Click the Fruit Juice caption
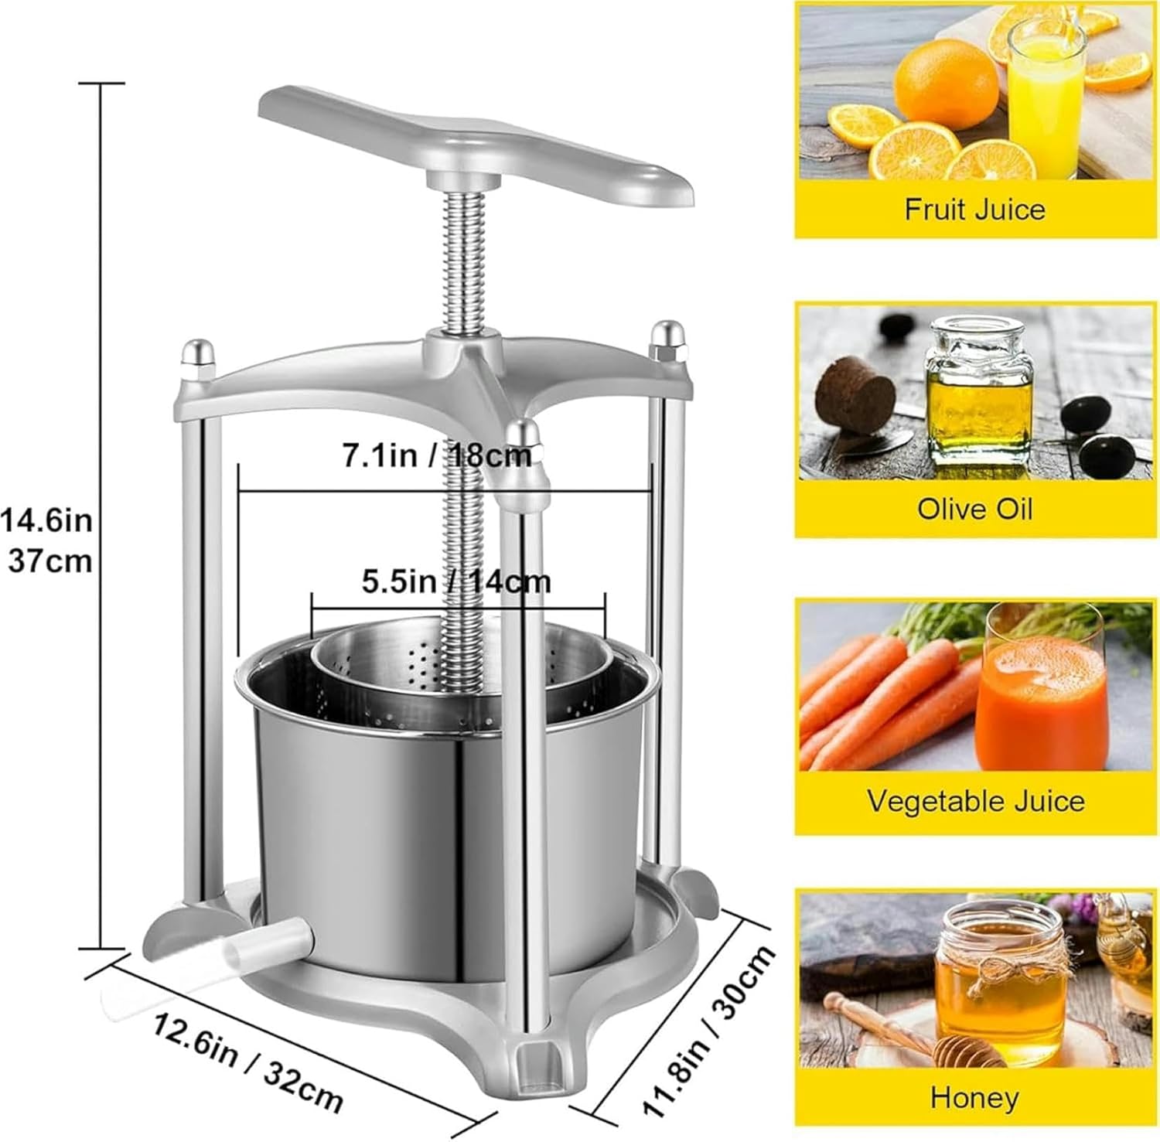[x=974, y=210]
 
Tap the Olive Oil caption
[x=974, y=509]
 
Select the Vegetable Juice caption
[x=975, y=801]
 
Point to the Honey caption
[x=974, y=1097]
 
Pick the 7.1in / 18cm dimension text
[x=438, y=455]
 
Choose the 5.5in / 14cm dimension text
[x=456, y=581]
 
